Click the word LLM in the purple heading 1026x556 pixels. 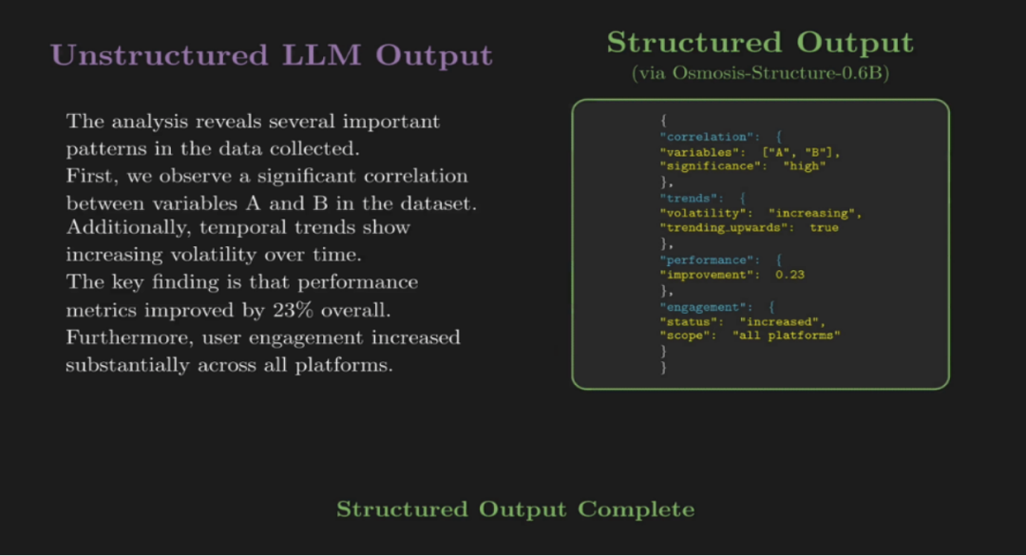pos(321,55)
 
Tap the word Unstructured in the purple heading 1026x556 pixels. pos(159,55)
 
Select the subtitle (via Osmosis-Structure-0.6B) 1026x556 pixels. pos(760,72)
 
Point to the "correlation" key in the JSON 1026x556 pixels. pos(710,137)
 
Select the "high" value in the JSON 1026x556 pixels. pos(805,166)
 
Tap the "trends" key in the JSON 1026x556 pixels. pos(692,199)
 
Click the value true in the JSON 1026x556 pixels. pos(824,228)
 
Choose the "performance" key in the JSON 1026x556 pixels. pos(710,260)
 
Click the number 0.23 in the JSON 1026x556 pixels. pos(789,275)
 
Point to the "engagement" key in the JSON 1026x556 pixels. pos(706,307)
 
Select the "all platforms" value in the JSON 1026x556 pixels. pos(786,336)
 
